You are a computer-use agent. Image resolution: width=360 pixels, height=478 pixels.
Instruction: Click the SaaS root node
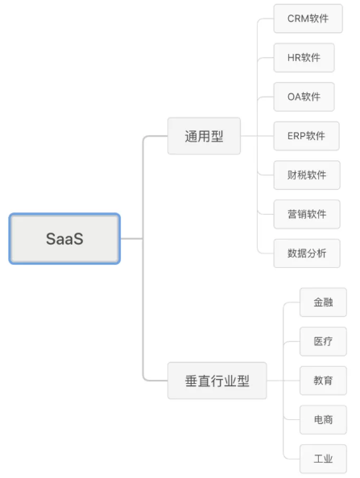point(64,239)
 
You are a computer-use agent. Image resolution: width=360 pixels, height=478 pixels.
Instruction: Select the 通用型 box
point(204,136)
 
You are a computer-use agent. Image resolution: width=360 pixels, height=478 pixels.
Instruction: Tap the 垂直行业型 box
point(217,381)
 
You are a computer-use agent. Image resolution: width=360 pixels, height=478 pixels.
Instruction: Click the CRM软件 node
point(308,19)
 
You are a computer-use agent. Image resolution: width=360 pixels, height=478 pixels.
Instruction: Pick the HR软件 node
point(304,58)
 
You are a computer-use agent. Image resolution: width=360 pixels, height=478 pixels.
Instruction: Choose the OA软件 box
point(304,97)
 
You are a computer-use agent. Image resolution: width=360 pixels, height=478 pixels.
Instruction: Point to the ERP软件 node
point(307,136)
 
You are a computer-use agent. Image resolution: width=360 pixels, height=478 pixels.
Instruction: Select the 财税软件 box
point(307,175)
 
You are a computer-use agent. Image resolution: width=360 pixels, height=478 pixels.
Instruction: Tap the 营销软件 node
point(307,214)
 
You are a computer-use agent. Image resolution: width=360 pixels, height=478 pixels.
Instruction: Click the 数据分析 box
point(307,253)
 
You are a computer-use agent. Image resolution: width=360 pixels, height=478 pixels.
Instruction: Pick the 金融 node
point(324,303)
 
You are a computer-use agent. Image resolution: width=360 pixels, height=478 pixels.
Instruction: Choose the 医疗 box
point(324,341)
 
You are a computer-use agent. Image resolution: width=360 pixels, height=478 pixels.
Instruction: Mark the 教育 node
point(324,381)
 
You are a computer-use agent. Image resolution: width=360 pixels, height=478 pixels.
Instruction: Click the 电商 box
point(324,420)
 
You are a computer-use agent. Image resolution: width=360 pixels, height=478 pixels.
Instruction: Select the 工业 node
point(324,459)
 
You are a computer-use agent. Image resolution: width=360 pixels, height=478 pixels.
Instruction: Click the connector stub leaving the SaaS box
point(131,239)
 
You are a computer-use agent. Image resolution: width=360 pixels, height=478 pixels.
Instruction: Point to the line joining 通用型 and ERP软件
point(257,136)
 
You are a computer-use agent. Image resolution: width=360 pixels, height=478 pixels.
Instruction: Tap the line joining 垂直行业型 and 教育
point(283,381)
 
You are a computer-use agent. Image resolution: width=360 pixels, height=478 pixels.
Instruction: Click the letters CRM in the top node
point(298,19)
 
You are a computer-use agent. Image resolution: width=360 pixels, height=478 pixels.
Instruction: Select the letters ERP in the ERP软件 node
point(296,136)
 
